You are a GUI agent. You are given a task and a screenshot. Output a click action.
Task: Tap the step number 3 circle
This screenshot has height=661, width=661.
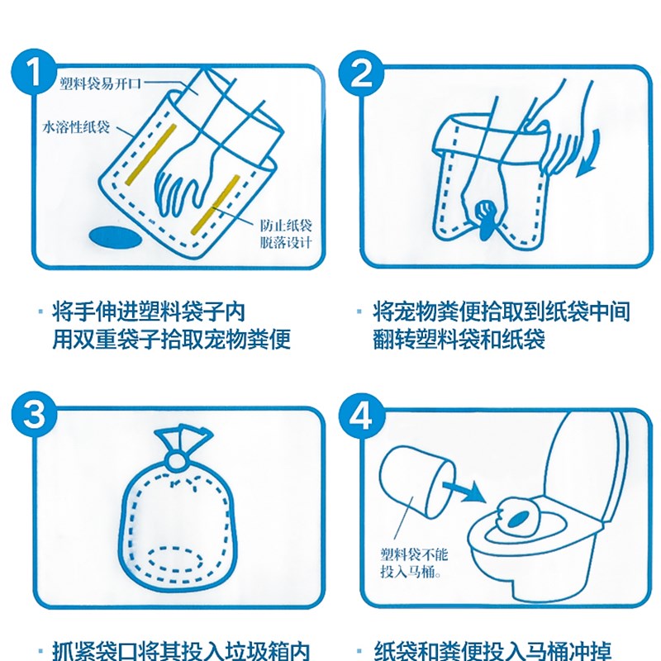point(34,416)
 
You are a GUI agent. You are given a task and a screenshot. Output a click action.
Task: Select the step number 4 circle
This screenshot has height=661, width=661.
point(362,416)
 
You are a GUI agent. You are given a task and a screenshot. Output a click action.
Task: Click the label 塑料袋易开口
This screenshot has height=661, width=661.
point(100,84)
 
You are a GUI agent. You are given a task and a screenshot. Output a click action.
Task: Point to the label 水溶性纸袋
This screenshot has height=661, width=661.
point(76,127)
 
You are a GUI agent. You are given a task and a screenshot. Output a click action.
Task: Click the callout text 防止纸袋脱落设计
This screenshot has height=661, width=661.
point(286,235)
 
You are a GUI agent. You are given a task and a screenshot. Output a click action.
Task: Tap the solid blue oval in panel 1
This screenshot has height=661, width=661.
point(116,238)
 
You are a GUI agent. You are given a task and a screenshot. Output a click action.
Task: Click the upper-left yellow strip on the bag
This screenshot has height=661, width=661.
point(150,155)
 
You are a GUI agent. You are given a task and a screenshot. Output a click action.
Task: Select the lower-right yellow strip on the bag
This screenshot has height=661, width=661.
point(216,205)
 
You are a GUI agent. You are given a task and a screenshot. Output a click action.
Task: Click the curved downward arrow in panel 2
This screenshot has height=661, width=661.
point(589,153)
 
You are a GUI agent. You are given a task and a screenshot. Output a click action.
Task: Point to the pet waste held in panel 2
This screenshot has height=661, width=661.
point(485,218)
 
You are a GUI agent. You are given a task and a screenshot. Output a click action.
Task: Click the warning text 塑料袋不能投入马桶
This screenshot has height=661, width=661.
point(414,563)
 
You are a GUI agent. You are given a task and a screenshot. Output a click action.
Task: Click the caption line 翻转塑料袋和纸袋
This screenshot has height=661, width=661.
point(459,340)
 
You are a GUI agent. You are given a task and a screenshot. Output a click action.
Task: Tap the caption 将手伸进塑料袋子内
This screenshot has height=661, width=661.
point(149,312)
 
